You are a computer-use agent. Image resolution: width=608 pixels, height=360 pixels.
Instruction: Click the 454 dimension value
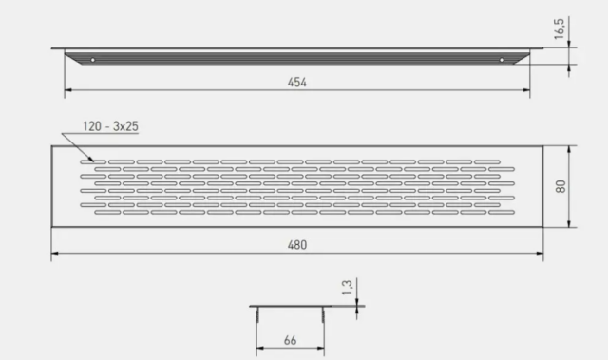[x=297, y=82]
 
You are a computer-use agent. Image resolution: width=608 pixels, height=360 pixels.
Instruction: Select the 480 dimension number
[x=297, y=245]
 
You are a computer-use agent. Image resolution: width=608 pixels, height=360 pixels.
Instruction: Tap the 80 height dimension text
[x=560, y=186]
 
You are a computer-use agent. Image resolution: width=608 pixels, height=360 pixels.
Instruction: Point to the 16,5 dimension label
[x=560, y=28]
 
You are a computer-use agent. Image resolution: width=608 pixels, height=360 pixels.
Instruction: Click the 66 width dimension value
[x=290, y=340]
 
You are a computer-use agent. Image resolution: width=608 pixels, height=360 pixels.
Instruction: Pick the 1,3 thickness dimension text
[x=347, y=287]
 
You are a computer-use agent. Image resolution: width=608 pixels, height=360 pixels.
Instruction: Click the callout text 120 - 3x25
[x=110, y=126]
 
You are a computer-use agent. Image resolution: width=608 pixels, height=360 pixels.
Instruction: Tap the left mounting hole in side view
[x=93, y=60]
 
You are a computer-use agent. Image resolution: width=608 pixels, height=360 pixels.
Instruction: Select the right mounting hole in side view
[x=502, y=60]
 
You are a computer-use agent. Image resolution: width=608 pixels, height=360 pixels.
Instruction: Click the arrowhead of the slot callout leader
[x=92, y=160]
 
